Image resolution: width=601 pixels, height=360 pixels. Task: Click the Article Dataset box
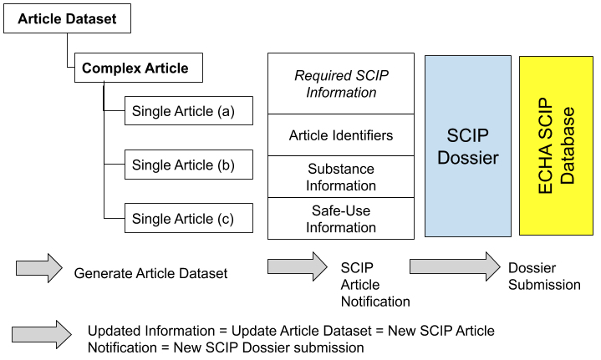click(67, 18)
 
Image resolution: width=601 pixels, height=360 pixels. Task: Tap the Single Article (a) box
click(188, 111)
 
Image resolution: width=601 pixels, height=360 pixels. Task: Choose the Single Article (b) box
click(188, 165)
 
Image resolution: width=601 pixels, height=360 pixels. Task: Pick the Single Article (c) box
click(188, 219)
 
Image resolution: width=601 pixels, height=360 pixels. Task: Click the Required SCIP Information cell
click(340, 84)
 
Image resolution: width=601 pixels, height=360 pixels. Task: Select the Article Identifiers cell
click(340, 135)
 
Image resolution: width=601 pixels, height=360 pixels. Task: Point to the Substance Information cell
click(340, 177)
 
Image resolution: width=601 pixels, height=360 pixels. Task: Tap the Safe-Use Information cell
click(340, 219)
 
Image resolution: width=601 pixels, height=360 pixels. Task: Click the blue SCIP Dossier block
click(468, 145)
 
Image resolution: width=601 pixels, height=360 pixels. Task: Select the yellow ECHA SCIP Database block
click(556, 145)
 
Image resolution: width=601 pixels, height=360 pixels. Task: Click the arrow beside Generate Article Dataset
click(39, 267)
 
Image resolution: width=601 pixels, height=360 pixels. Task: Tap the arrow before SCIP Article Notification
click(297, 267)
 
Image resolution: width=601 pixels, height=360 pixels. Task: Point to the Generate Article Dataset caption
click(150, 273)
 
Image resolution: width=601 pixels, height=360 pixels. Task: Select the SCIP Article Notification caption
click(374, 284)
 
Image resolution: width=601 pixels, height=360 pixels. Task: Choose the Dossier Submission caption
click(544, 276)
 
